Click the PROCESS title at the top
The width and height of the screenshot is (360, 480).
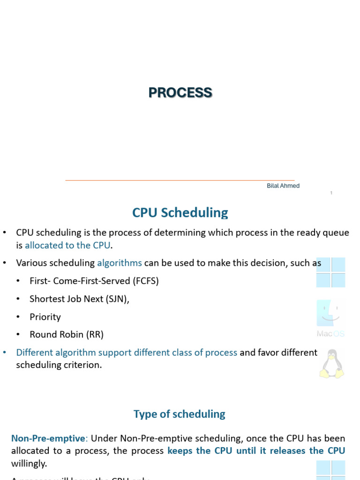tap(180, 93)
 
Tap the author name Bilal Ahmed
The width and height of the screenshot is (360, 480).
tap(283, 186)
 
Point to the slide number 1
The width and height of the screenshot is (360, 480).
tap(331, 193)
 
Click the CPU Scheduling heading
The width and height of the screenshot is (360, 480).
tap(180, 213)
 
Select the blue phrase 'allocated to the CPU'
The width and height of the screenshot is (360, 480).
tap(68, 245)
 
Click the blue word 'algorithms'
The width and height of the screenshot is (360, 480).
tap(120, 263)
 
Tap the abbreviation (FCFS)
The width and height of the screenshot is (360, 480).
tap(146, 281)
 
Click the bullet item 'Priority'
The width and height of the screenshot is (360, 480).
tap(45, 317)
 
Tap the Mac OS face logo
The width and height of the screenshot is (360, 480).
tap(331, 314)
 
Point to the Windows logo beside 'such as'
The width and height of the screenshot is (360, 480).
tap(331, 272)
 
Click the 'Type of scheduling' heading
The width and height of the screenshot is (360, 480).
tap(180, 414)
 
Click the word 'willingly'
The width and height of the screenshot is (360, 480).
tap(29, 464)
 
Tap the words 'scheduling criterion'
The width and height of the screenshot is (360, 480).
tap(59, 365)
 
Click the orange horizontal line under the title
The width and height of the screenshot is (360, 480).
tap(180, 180)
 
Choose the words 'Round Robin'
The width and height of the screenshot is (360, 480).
tap(55, 335)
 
